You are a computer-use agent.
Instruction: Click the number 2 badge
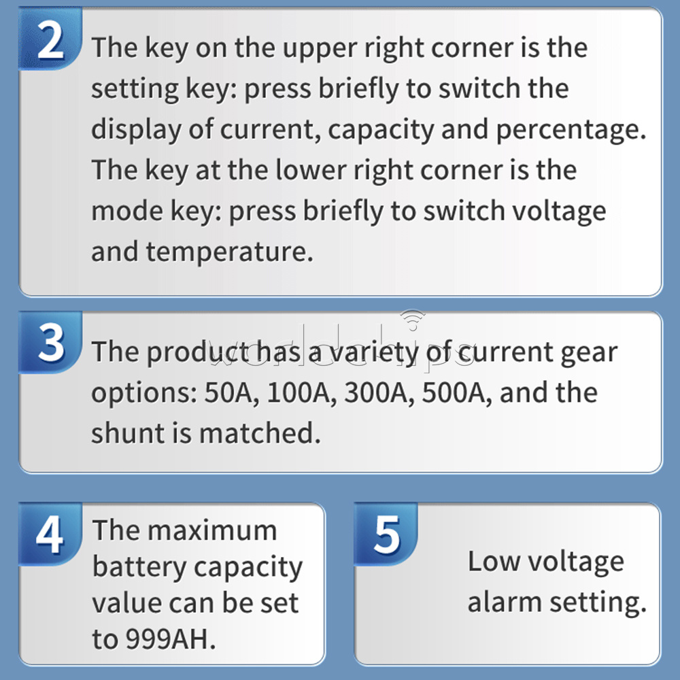coord(50,39)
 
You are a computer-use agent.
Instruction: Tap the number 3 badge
coord(50,343)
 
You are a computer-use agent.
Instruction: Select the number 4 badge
coord(50,534)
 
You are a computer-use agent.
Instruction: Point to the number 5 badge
coord(386,534)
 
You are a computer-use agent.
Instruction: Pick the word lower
coord(311,170)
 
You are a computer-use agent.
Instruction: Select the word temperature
coord(229,252)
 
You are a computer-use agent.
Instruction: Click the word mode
coord(126,211)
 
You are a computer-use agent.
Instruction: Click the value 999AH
coord(171,639)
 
